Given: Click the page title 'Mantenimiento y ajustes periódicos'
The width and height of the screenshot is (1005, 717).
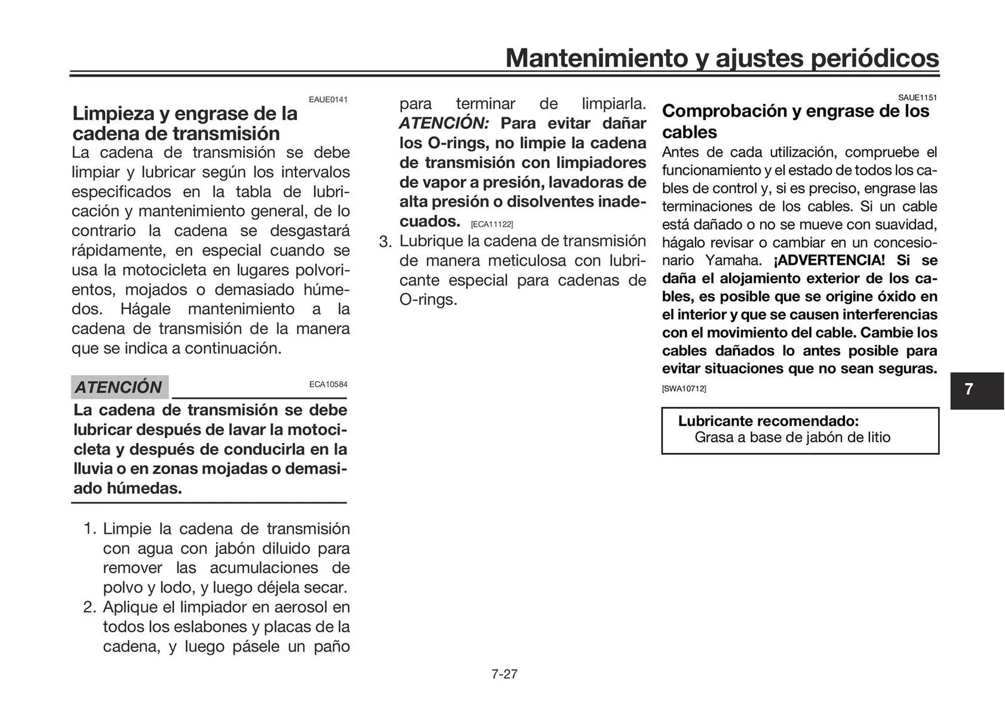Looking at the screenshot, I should click(x=722, y=58).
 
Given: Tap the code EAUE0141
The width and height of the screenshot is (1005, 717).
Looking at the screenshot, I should click(x=328, y=100).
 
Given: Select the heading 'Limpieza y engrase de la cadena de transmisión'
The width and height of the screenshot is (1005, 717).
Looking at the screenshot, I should click(x=184, y=123).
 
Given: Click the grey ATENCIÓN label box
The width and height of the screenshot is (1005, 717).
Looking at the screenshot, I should click(x=119, y=387).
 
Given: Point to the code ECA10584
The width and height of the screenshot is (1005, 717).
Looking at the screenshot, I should click(x=328, y=384).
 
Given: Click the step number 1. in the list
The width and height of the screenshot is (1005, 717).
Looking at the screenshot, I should click(x=90, y=528).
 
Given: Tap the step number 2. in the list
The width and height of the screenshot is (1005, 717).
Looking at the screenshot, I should click(x=90, y=607).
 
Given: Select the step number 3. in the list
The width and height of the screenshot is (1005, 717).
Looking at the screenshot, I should click(x=385, y=242).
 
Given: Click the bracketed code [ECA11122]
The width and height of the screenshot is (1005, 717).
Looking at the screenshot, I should click(x=492, y=224).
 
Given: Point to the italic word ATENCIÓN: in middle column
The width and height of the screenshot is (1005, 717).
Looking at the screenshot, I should click(x=444, y=123).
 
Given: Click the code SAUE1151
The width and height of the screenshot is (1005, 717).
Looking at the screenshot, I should click(x=917, y=97).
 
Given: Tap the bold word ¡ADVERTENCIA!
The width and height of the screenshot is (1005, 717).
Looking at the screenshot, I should click(x=829, y=260).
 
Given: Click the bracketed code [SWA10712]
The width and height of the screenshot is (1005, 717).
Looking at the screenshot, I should click(x=684, y=389).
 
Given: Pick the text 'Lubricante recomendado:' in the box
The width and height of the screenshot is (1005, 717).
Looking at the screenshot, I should click(x=768, y=421).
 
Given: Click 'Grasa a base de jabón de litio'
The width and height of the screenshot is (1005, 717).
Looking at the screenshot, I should click(x=792, y=437).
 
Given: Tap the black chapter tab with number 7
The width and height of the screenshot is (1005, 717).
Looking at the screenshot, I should click(x=976, y=390).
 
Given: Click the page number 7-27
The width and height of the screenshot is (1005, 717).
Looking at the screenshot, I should click(x=504, y=674).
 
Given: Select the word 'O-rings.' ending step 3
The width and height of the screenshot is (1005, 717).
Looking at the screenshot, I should click(x=428, y=300).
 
